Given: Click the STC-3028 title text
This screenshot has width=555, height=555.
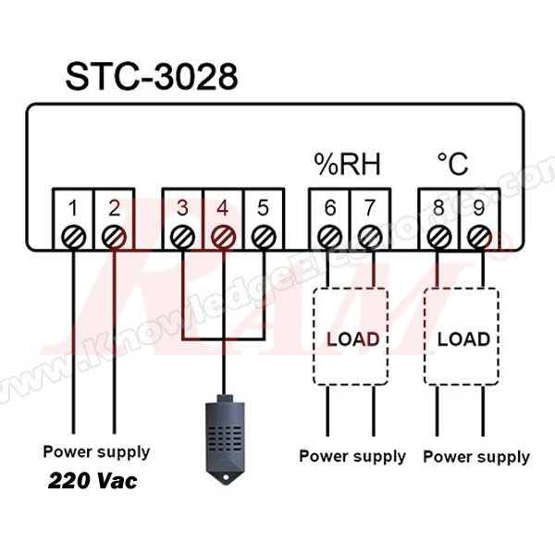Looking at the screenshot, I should tap(151, 77).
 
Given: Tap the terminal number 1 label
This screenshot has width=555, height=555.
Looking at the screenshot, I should tap(74, 207).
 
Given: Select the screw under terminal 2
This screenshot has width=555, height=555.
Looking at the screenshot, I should tap(114, 237).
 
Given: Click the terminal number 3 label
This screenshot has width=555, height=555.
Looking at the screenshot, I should tap(183, 207).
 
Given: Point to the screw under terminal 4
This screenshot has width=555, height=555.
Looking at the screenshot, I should tap(223, 237).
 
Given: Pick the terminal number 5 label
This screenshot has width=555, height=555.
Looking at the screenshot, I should tap(263, 207).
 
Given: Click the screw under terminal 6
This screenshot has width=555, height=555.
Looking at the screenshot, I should tap(328, 237).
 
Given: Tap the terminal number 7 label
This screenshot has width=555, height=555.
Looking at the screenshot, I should tap(369, 207).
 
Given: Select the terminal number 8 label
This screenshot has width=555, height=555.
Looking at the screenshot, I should tap(438, 207).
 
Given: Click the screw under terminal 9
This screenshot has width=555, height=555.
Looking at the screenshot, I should tap(478, 237).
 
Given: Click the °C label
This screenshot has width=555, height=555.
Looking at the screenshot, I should tap(452, 166).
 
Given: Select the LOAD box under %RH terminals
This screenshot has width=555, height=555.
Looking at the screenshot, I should tap(352, 339).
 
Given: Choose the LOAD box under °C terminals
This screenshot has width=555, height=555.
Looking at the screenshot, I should tap(462, 339).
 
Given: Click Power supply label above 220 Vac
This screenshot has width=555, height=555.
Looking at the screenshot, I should tap(96, 452).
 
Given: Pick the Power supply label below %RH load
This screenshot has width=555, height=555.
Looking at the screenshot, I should tap(351, 456).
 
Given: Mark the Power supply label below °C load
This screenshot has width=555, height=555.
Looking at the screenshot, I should tap(476, 457).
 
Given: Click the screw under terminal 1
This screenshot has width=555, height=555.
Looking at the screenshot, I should tap(74, 237).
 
